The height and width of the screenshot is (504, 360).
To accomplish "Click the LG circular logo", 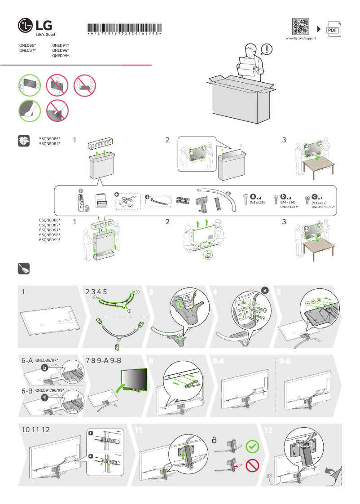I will coord(26,27).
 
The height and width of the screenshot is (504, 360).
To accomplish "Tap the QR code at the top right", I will coord(300,27).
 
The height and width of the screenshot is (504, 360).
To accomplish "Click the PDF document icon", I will coord(332,29).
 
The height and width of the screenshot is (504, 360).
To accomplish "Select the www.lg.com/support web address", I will coord(301,39).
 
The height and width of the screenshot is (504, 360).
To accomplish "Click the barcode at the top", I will coord(123,26).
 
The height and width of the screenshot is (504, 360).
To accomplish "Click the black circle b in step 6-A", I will coord(44,368).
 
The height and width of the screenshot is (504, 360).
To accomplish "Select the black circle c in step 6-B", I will coord(44,398).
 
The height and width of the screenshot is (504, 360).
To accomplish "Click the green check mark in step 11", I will coord(253,447).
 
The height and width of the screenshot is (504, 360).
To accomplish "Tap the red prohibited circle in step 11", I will coord(253,466).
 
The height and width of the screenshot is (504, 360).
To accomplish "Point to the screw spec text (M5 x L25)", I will coord(258,203).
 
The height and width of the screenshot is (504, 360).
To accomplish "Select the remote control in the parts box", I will coord(81,200).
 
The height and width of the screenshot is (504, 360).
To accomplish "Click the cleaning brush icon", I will coord(23,268).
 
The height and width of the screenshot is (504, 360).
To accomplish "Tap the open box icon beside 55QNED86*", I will coord(24,141).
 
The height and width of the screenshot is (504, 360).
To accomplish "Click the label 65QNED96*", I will coord(50,235).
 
